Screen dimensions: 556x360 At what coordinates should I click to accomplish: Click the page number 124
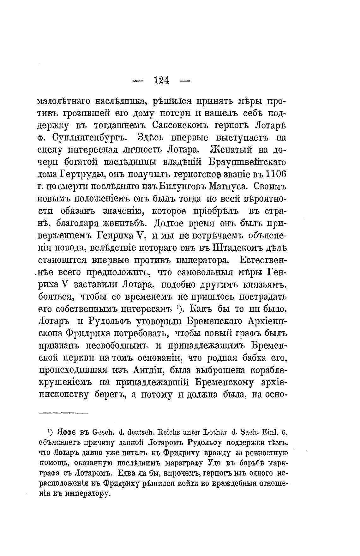[161, 81]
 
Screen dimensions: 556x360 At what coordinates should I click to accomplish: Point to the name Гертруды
[80, 175]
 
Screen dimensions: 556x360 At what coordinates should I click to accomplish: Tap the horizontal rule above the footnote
[64, 412]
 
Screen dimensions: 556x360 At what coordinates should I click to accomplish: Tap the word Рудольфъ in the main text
[108, 321]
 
